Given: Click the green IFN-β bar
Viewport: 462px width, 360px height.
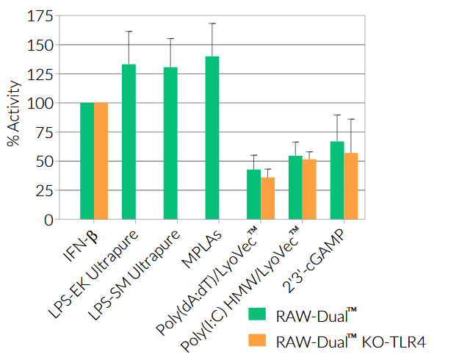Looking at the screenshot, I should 87,161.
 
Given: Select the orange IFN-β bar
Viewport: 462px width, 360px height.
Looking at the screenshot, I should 101,161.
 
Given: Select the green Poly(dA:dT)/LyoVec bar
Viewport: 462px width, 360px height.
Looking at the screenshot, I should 253,195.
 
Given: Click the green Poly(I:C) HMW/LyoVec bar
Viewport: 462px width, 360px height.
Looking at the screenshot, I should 295,187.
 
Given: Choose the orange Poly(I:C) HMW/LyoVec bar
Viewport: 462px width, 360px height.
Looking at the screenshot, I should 309,190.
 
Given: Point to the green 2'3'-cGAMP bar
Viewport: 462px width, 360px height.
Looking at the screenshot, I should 337,180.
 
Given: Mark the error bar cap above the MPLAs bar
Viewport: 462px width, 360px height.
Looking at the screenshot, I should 212,24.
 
